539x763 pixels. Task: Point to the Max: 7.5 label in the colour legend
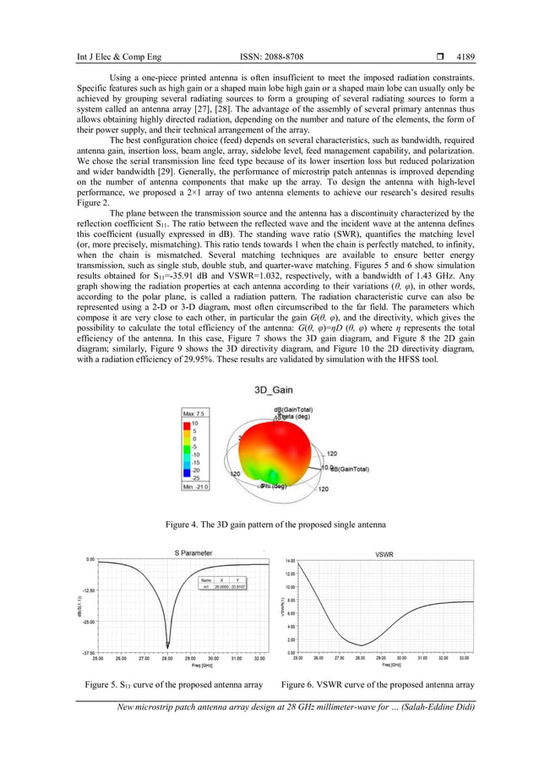[195, 412]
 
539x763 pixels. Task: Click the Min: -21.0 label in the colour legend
[196, 486]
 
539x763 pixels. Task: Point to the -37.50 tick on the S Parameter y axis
[87, 652]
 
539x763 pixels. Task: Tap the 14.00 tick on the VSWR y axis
[289, 561]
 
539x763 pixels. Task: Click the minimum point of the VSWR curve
[361, 645]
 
